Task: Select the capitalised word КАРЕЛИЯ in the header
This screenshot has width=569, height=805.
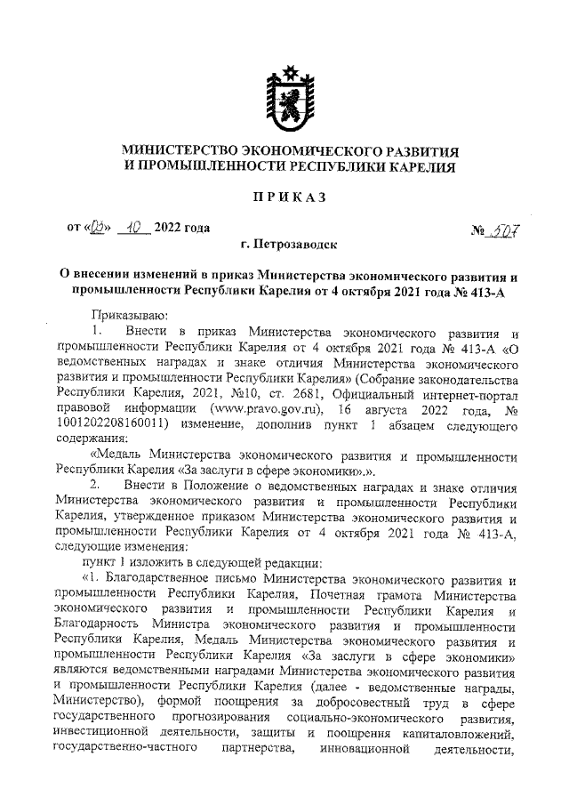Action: tap(420, 165)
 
